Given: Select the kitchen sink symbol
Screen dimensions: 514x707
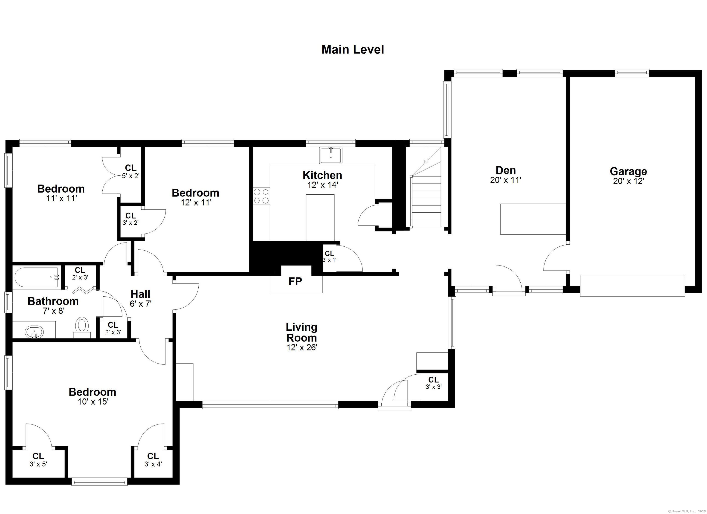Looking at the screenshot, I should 330,155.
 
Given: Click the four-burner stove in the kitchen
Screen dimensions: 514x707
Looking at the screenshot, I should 261,196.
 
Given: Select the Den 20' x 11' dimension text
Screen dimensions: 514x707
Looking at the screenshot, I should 505,180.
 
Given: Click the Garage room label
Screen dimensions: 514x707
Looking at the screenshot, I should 628,171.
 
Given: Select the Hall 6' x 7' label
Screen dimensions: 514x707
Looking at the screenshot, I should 140,299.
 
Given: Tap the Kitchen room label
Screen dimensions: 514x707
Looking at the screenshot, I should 322,175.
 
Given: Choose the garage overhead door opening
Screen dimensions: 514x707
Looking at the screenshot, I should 632,286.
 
